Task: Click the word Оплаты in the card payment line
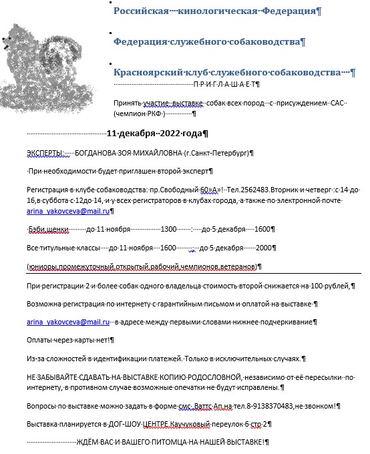tap(41, 340)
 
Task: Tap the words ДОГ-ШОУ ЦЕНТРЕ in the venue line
tap(142, 424)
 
